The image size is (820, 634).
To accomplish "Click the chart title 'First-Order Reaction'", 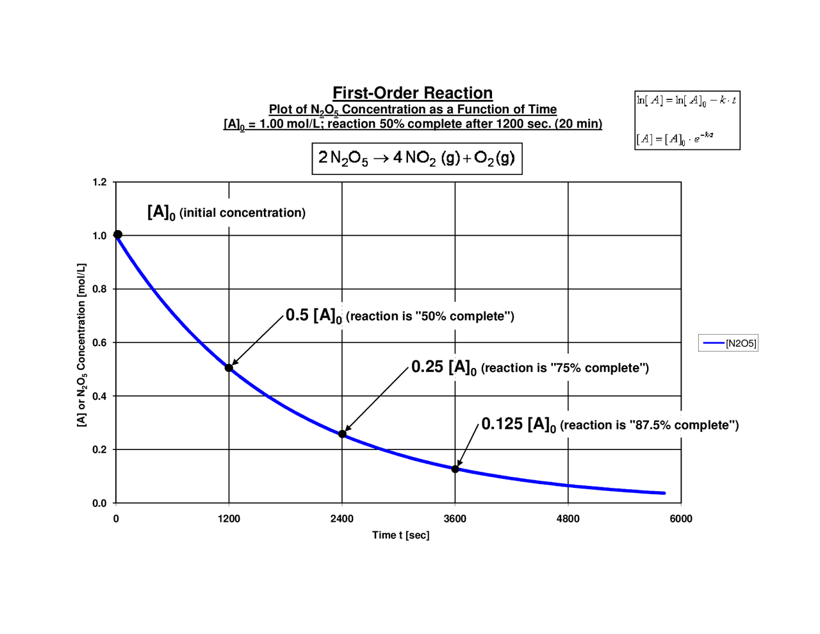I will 413,93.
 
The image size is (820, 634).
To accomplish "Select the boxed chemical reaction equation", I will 417,158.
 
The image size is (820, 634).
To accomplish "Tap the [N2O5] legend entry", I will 728,344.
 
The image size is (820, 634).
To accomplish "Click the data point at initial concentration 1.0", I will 117,235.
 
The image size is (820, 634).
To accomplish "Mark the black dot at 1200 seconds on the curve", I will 229,368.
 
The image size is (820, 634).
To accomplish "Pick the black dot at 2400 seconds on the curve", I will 342,434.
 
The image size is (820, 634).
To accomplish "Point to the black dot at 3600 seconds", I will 455,469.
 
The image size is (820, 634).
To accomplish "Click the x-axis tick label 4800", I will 568,519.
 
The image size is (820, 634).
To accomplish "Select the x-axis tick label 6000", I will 681,519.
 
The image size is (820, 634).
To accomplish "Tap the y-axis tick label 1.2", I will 99,182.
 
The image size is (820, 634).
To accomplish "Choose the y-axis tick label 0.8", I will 99,289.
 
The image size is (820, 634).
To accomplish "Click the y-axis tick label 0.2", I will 99,449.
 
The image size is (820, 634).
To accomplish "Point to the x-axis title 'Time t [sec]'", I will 400,535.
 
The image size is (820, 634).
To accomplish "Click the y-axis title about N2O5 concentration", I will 81,344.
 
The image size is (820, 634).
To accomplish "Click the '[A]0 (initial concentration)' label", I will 226,212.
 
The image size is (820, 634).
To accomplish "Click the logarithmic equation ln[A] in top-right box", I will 686,100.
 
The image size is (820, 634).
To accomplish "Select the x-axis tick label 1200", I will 229,519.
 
